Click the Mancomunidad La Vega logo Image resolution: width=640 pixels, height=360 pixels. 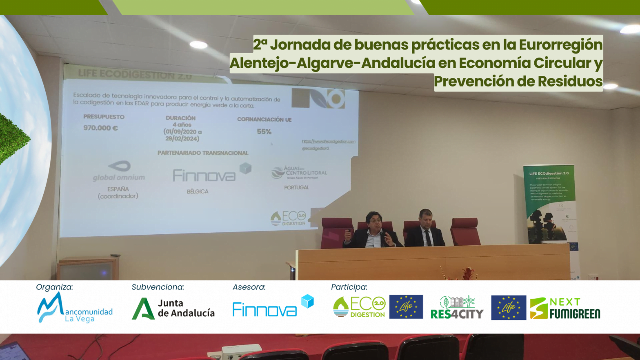(x=75, y=308)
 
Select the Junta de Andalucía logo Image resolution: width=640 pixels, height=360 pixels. (x=173, y=308)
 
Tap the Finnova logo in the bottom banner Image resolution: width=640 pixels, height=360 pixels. (x=273, y=307)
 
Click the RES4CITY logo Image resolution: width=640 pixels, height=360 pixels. (x=457, y=308)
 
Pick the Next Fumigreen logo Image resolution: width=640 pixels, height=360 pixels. (x=565, y=308)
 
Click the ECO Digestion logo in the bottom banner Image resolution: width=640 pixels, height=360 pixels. (x=359, y=307)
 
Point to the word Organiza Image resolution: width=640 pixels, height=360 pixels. (x=54, y=287)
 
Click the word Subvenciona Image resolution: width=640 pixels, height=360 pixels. (x=158, y=287)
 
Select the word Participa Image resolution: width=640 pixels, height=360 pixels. (x=349, y=287)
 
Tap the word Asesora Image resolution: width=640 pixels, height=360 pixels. (x=249, y=287)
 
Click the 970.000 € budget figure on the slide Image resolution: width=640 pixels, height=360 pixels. (x=100, y=128)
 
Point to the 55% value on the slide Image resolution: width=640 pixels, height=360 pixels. (x=264, y=131)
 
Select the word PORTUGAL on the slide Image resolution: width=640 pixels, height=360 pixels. (x=297, y=187)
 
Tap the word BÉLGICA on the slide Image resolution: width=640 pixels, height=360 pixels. (x=198, y=191)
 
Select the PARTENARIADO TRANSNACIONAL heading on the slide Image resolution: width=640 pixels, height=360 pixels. (x=203, y=153)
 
